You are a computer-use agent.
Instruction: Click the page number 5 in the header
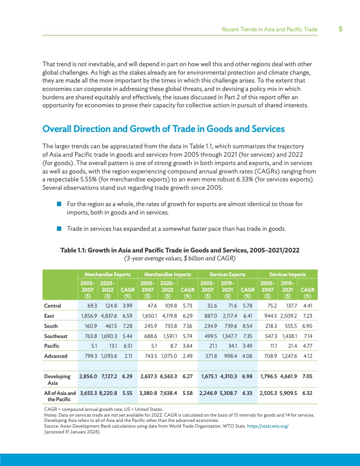[341, 30]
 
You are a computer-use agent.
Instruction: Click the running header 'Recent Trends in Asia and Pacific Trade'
[269, 30]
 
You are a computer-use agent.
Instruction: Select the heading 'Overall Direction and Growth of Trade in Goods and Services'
[163, 129]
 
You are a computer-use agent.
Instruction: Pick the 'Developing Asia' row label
[57, 380]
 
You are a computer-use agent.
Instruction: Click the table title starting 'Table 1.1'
[180, 250]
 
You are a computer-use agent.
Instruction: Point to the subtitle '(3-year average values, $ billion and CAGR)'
[180, 258]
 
